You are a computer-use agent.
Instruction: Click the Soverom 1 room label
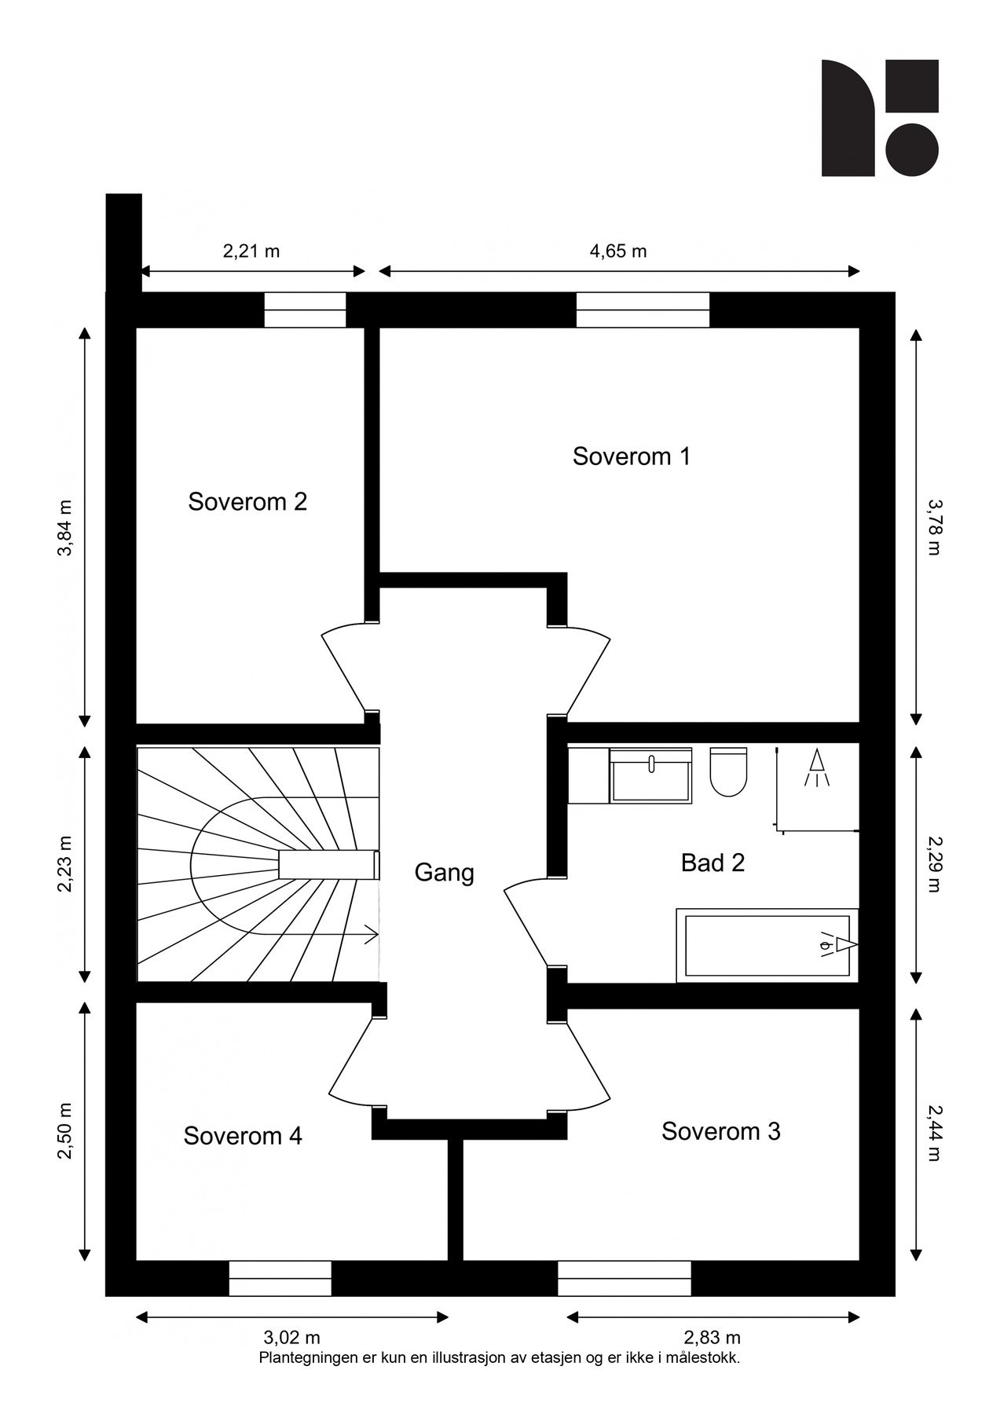631,456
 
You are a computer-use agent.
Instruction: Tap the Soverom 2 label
247,502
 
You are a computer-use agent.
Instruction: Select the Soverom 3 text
720,1131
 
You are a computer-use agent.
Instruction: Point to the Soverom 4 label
243,1136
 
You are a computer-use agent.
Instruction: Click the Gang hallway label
444,873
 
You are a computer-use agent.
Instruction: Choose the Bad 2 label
712,863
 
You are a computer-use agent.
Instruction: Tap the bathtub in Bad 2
767,946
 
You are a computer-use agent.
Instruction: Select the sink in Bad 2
650,775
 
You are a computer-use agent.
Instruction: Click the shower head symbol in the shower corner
817,768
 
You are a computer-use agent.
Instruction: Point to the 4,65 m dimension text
618,251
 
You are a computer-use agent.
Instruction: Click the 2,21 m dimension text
251,251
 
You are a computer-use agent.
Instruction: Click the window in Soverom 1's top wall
643,310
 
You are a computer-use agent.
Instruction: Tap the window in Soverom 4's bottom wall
280,1278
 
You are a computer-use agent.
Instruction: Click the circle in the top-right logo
912,150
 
